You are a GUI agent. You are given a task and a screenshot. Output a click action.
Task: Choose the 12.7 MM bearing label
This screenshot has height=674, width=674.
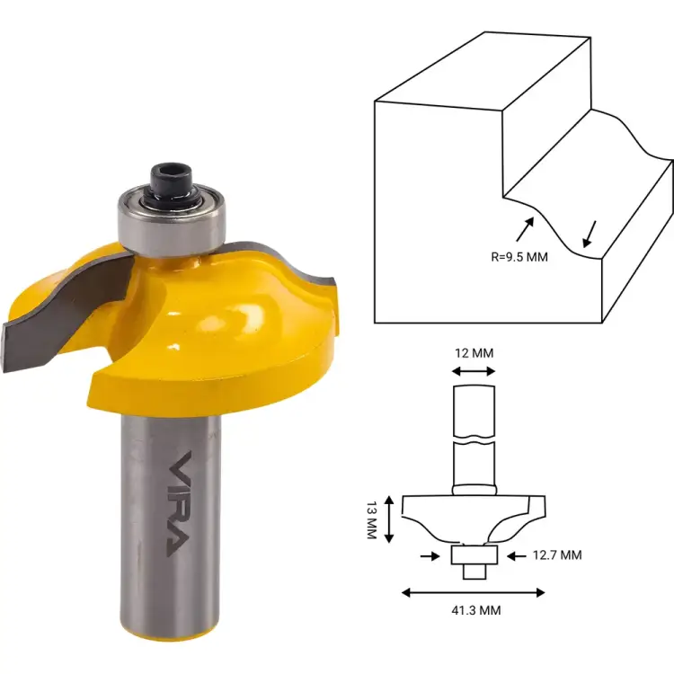[x=555, y=555]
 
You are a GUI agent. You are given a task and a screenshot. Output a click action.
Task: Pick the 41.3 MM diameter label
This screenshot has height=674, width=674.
[x=473, y=609]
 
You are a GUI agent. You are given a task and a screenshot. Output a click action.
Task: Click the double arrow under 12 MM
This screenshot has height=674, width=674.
[x=473, y=370]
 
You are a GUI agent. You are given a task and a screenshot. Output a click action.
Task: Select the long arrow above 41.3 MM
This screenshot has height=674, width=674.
[x=473, y=592]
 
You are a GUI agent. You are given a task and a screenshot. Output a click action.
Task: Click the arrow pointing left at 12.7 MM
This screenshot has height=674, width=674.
[x=516, y=556]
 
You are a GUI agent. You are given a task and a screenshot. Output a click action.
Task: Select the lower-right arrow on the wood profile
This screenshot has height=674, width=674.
[x=589, y=235]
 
